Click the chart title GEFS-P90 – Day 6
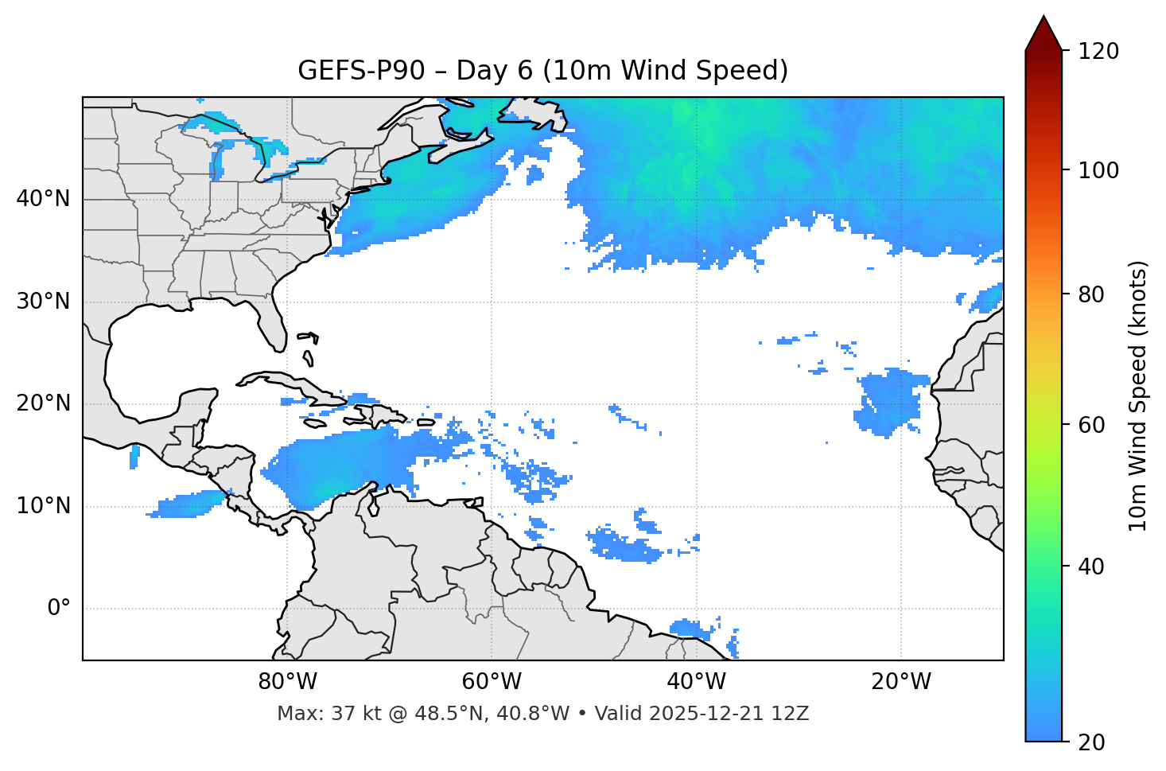(x=542, y=71)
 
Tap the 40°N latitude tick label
(x=43, y=199)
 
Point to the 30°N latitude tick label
(x=43, y=302)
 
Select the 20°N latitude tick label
(x=43, y=403)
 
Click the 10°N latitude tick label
(x=43, y=506)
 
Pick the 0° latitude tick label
(x=58, y=609)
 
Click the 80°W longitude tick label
(x=287, y=682)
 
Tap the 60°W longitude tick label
(x=492, y=682)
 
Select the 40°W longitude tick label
(x=697, y=682)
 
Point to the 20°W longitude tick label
(x=901, y=682)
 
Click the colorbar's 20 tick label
(x=1091, y=742)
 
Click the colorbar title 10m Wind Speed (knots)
(x=1138, y=396)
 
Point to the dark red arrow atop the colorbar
(x=1044, y=33)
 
